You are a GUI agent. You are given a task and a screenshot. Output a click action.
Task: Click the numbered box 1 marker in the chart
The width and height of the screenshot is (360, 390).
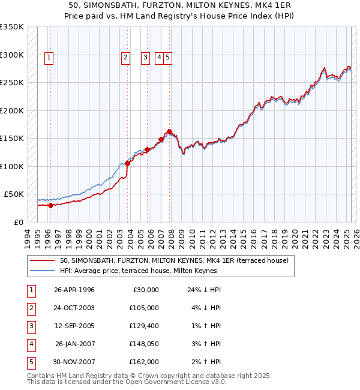pyautogui.click(x=49, y=58)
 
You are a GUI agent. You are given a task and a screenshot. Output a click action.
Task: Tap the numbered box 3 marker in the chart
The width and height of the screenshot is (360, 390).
pyautogui.click(x=145, y=58)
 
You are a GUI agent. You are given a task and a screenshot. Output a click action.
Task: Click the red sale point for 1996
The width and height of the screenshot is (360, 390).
pyautogui.click(x=50, y=205)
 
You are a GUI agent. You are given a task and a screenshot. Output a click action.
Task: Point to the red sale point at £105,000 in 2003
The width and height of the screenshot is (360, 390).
pyautogui.click(x=127, y=163)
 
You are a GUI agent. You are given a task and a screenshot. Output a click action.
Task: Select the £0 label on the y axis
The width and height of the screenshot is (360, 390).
pyautogui.click(x=18, y=222)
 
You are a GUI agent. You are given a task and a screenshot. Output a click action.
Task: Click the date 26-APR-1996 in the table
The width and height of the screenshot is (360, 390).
pyautogui.click(x=74, y=290)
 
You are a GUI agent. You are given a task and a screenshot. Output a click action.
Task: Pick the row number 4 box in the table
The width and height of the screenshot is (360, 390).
pyautogui.click(x=30, y=344)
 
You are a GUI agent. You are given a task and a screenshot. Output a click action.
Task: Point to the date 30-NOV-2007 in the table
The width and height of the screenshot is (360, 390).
pyautogui.click(x=74, y=362)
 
